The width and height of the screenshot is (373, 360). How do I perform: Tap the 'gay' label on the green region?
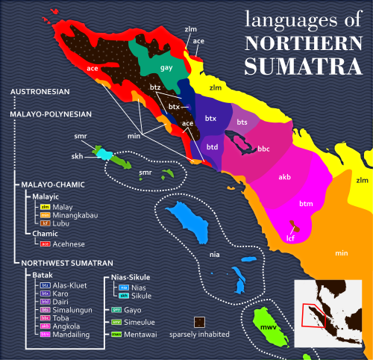[167, 67]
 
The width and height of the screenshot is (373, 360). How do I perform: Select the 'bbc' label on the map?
[263, 149]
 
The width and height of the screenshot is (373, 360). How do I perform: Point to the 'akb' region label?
[284, 178]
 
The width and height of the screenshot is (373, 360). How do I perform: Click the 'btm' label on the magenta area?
[305, 204]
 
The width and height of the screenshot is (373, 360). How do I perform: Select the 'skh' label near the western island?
[77, 157]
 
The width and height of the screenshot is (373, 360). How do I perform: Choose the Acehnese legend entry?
[63, 243]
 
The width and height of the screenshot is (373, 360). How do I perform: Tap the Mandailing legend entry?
[69, 335]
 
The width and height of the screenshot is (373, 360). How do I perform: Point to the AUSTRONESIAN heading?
[40, 92]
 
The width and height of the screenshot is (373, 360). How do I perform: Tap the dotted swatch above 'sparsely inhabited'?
[200, 322]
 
